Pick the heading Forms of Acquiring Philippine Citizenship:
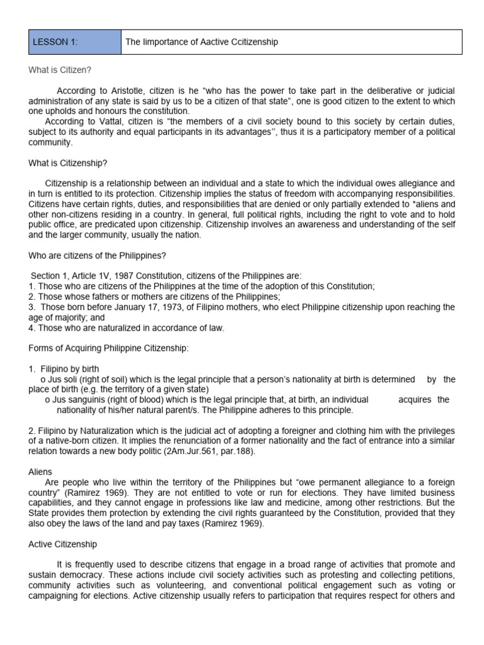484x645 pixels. pyautogui.click(x=108, y=348)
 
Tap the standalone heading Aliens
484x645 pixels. pyautogui.click(x=40, y=471)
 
